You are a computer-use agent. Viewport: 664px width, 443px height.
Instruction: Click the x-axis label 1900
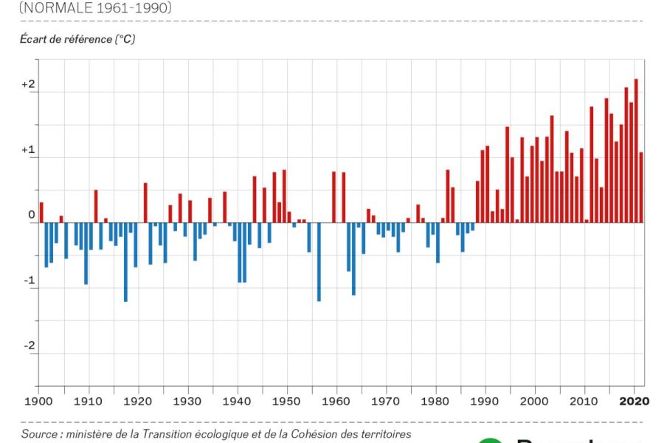tap(38, 402)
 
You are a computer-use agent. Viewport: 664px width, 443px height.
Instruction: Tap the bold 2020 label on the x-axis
tap(634, 402)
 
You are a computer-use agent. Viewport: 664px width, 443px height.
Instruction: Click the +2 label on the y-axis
tap(28, 85)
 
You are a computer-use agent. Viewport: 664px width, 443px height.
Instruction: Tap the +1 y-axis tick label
tap(28, 150)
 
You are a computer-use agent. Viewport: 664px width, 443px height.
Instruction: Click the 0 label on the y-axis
tap(31, 216)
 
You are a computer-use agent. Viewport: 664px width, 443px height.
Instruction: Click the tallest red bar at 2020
tap(636, 151)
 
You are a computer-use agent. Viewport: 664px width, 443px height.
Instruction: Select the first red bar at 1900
tap(41, 212)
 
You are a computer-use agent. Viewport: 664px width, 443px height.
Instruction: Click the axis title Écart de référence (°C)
tap(77, 39)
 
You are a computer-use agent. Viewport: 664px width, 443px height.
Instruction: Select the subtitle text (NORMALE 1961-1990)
tap(96, 8)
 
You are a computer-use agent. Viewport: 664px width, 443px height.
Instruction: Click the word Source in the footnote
tap(38, 434)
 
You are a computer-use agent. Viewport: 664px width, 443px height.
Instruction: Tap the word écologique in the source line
tap(235, 434)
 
